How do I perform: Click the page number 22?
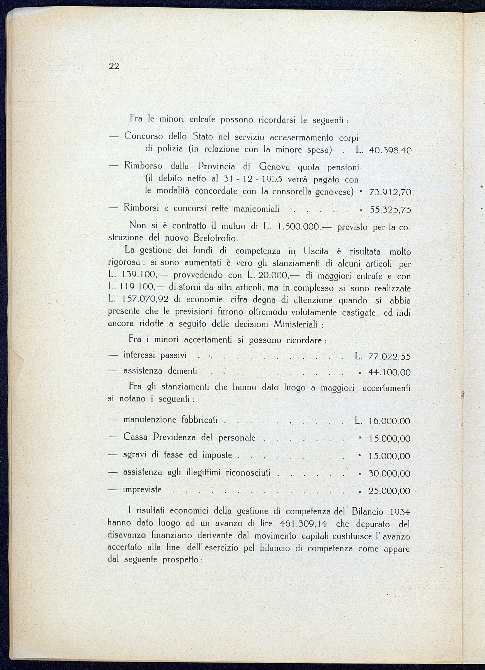pyautogui.click(x=114, y=66)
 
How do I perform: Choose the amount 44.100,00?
pyautogui.click(x=390, y=372)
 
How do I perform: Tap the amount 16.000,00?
pyautogui.click(x=390, y=421)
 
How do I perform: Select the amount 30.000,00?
pyautogui.click(x=390, y=474)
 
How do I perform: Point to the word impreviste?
pyautogui.click(x=142, y=490)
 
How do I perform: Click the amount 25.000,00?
pyautogui.click(x=390, y=491)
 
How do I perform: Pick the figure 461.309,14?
pyautogui.click(x=303, y=524)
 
